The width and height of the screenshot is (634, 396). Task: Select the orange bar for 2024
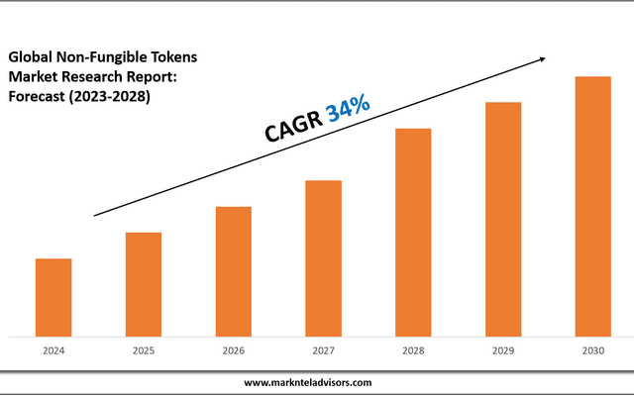click(53, 297)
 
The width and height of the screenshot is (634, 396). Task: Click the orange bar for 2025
click(143, 284)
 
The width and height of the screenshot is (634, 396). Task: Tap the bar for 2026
click(233, 271)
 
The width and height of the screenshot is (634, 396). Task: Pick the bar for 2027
click(323, 258)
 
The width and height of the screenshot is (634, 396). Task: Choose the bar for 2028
click(413, 233)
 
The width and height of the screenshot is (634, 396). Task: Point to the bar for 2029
click(503, 219)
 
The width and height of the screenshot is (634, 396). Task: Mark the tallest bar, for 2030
click(592, 206)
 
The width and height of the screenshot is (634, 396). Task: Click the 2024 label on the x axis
click(53, 351)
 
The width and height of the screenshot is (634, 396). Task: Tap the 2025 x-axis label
click(144, 351)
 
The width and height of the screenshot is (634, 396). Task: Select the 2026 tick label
click(234, 351)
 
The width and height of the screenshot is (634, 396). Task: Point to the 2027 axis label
click(323, 351)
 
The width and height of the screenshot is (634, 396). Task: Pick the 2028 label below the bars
click(413, 351)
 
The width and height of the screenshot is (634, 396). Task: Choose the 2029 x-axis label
click(503, 351)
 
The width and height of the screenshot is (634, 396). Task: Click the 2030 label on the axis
click(592, 351)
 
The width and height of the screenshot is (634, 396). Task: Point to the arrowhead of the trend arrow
click(542, 59)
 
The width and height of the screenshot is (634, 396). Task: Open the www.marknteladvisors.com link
click(308, 382)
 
